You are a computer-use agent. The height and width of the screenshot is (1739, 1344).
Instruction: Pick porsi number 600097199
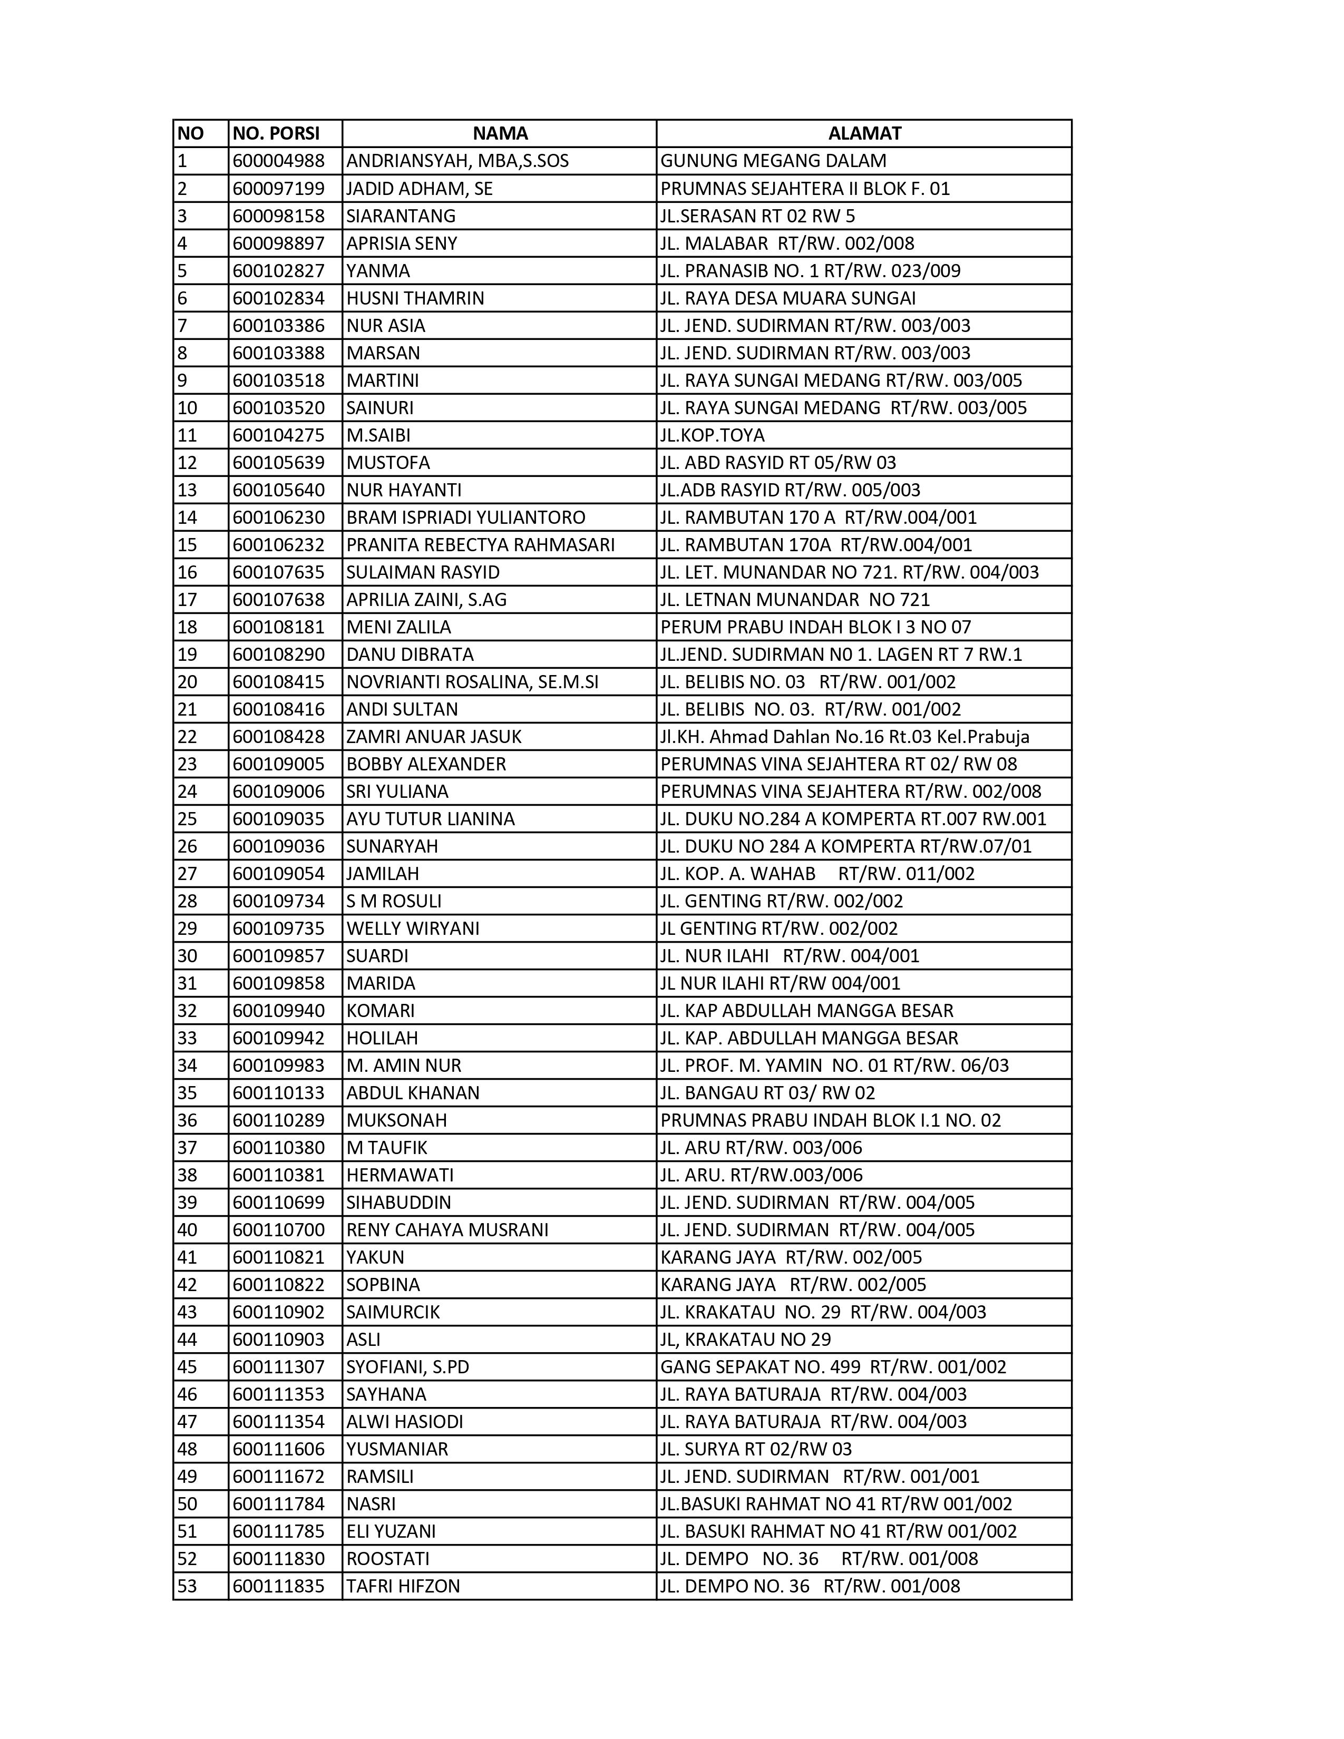pyautogui.click(x=279, y=189)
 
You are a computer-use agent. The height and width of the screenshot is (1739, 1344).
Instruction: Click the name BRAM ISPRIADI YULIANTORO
pyautogui.click(x=466, y=517)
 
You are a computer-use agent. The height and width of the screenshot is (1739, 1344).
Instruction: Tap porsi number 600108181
pyautogui.click(x=279, y=628)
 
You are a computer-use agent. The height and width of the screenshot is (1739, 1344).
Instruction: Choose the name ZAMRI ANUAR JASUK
pyautogui.click(x=434, y=737)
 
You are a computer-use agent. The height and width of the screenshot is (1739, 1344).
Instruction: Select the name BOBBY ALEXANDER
pyautogui.click(x=426, y=765)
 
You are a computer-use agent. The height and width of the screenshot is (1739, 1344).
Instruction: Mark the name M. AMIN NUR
pyautogui.click(x=404, y=1066)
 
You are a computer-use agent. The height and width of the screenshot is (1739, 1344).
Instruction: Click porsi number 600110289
pyautogui.click(x=279, y=1120)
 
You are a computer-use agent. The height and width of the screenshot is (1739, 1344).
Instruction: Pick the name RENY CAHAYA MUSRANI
pyautogui.click(x=447, y=1230)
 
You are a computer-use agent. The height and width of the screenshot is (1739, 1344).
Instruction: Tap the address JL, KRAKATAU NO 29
pyautogui.click(x=745, y=1340)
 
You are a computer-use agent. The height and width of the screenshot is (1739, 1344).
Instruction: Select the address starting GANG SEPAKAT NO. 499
pyautogui.click(x=833, y=1367)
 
